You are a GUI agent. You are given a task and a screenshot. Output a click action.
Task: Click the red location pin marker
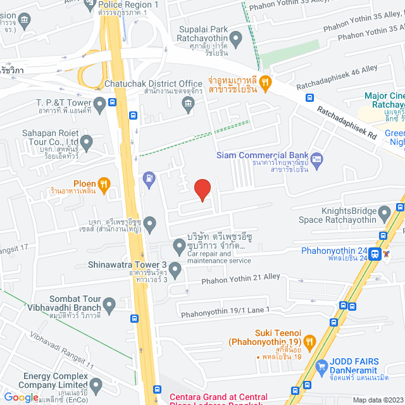[x=202, y=189]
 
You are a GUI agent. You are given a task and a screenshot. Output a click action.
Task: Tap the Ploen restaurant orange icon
[x=104, y=184]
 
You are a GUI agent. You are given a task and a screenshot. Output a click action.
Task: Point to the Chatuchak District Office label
[x=164, y=84]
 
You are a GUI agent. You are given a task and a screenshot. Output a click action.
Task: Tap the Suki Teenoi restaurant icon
[x=309, y=342]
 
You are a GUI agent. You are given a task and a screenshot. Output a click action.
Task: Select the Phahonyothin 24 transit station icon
[x=376, y=254]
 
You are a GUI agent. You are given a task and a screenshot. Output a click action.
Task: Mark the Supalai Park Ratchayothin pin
[x=237, y=40]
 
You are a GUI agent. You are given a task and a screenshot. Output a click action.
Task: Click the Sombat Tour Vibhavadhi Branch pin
[x=109, y=305]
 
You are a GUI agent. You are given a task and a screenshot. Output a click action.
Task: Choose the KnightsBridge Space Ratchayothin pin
[x=383, y=212]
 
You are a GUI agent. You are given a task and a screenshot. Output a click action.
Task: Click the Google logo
[x=22, y=397]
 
